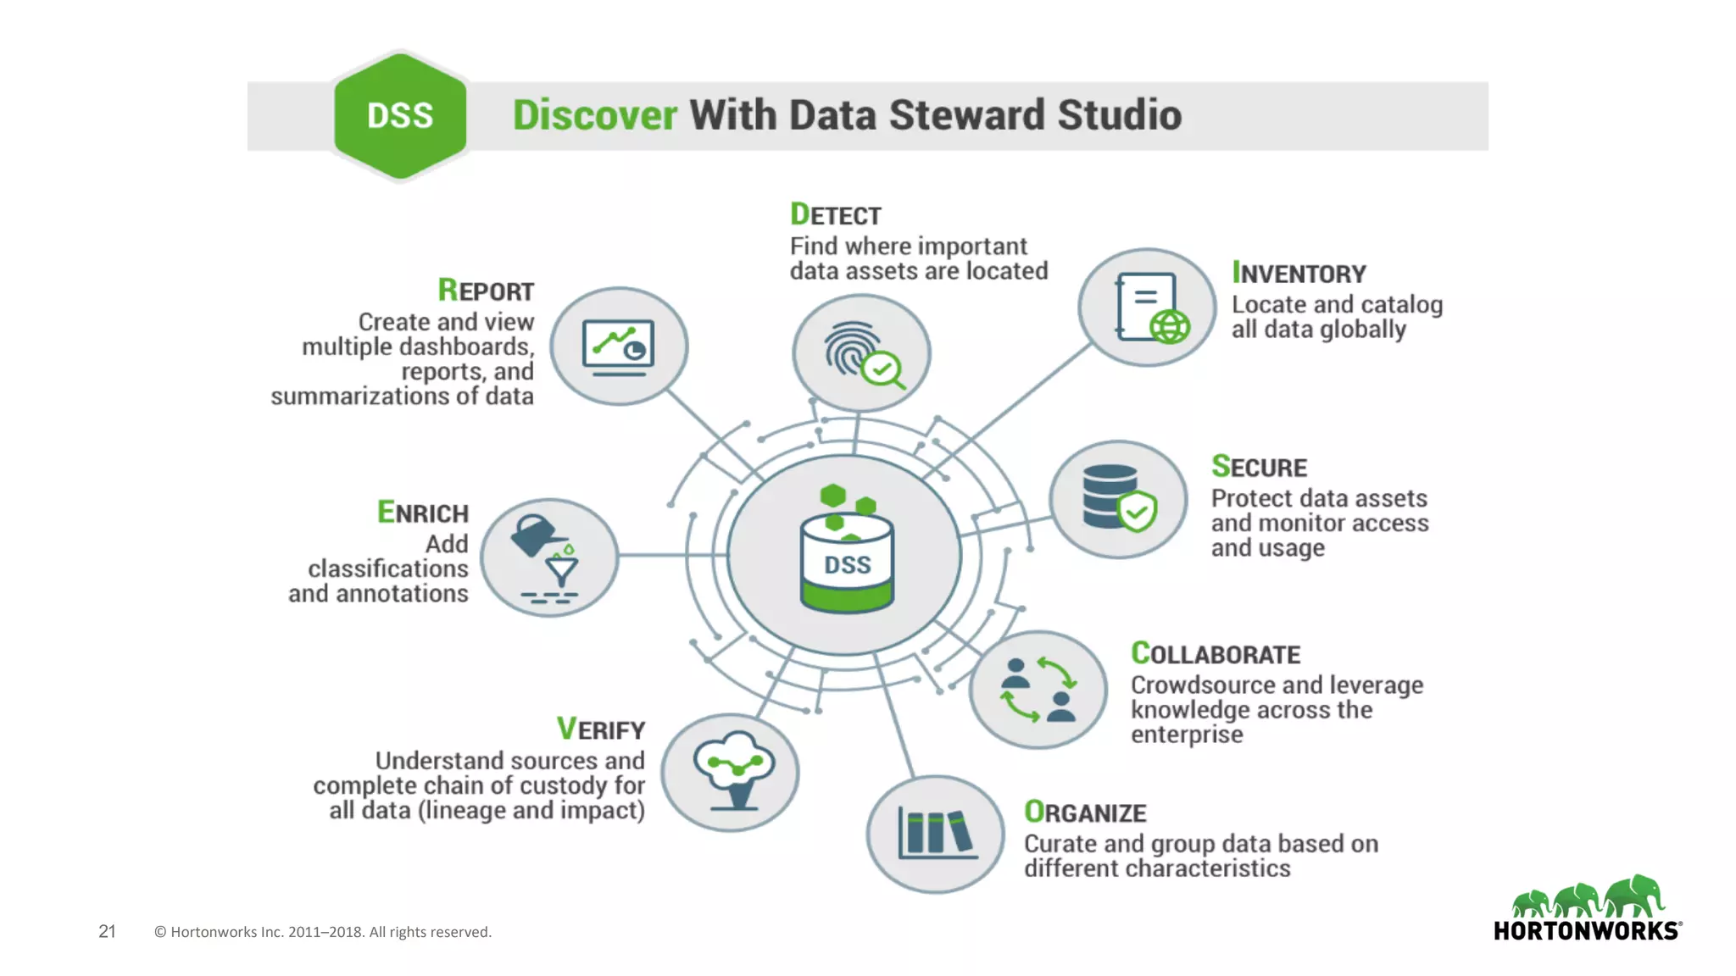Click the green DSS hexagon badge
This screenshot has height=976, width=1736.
400,116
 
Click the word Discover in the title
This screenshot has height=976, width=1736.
594,115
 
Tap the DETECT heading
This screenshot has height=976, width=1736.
835,215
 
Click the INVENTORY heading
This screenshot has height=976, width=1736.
1299,274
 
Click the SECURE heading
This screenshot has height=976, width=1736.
1259,467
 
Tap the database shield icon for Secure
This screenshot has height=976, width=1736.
1118,499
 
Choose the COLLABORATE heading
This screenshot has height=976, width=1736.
1215,654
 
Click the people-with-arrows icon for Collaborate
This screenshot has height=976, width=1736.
1038,690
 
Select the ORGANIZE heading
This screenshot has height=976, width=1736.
1085,812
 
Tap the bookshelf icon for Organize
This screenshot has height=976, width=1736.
936,834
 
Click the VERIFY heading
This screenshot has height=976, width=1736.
601,729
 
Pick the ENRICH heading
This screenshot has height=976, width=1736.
423,513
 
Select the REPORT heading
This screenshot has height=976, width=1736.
486,291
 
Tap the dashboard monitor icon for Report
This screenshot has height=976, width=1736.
619,347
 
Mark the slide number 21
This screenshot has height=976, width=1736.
107,931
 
